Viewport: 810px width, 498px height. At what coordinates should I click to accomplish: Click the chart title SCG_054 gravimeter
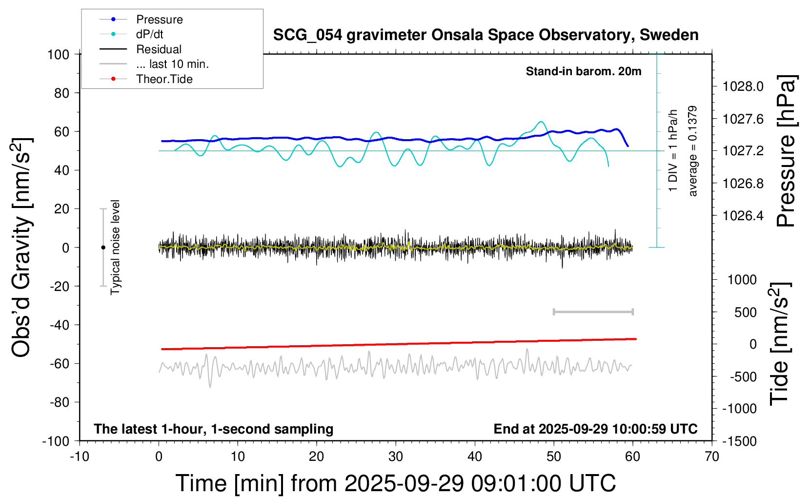pyautogui.click(x=486, y=35)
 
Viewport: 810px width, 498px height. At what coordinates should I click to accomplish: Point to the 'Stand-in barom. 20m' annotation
pyautogui.click(x=584, y=71)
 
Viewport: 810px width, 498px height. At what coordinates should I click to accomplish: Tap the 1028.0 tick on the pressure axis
pyautogui.click(x=743, y=86)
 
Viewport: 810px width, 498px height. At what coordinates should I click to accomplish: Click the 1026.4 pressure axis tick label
pyautogui.click(x=743, y=215)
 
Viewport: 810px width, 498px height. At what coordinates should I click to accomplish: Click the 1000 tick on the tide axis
pyautogui.click(x=742, y=280)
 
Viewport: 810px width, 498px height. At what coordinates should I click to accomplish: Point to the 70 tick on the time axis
pyautogui.click(x=712, y=456)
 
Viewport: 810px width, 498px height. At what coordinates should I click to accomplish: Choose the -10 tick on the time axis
pyautogui.click(x=80, y=456)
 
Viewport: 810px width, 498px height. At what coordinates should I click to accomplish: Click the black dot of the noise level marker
pyautogui.click(x=103, y=248)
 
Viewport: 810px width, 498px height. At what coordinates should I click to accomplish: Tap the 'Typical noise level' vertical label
pyautogui.click(x=115, y=248)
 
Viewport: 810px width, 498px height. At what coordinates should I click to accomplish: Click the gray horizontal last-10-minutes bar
pyautogui.click(x=593, y=311)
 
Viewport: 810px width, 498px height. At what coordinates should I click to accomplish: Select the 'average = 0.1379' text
pyautogui.click(x=693, y=151)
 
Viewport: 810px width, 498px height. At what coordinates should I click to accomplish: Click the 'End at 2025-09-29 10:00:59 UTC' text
pyautogui.click(x=595, y=429)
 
